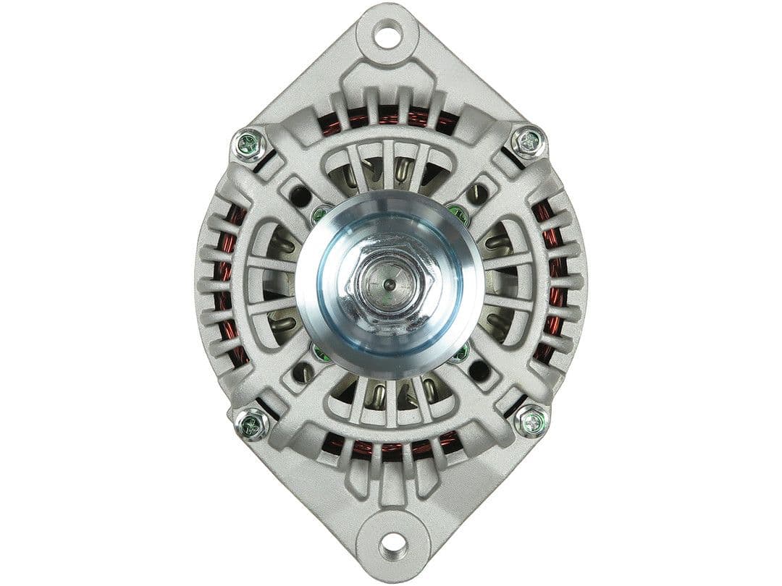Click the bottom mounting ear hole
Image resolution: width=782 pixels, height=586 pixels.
(x=392, y=543)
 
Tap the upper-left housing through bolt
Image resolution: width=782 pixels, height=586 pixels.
(x=250, y=144)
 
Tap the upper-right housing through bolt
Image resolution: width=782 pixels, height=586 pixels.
(x=528, y=142)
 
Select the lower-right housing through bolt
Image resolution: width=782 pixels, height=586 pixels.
(x=531, y=420)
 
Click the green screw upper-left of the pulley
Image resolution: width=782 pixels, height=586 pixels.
(x=320, y=214)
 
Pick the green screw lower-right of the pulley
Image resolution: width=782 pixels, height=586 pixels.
(x=459, y=353)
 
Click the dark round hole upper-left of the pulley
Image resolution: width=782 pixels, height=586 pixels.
(x=300, y=195)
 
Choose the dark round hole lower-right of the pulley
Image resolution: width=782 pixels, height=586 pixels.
(x=479, y=370)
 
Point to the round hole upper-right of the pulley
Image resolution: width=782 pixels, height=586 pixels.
(x=478, y=193)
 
